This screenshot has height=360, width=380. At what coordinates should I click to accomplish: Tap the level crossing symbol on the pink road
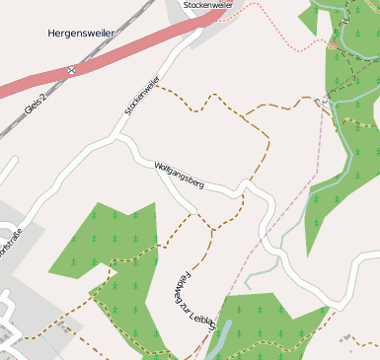click(72, 71)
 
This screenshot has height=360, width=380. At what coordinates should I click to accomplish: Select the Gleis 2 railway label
click(36, 106)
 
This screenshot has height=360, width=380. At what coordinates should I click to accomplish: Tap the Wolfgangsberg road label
click(179, 175)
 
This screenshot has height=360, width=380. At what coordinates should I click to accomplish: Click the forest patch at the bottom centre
click(266, 325)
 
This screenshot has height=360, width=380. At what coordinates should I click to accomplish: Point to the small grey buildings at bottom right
click(350, 340)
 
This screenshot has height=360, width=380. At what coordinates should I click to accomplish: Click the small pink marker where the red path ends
click(334, 45)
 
